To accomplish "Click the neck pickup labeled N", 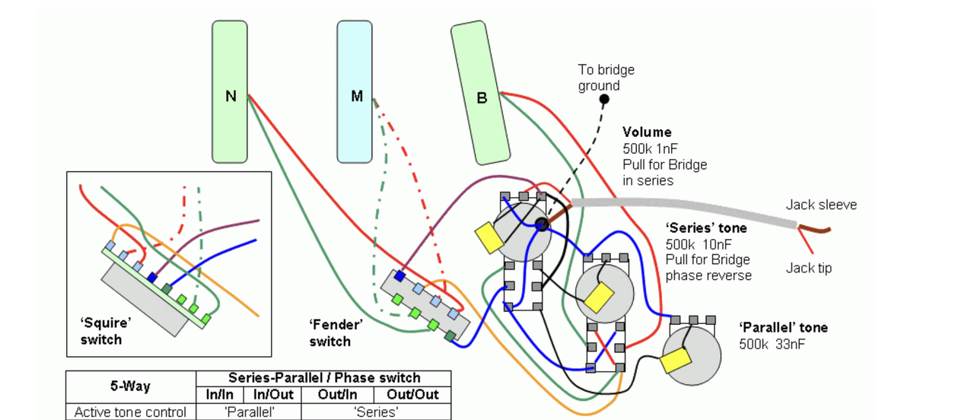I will click(x=230, y=92).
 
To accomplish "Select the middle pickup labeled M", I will click(x=355, y=92).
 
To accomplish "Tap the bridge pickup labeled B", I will click(x=480, y=94).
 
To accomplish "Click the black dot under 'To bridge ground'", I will click(x=604, y=99).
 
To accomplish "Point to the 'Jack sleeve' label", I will click(x=821, y=205).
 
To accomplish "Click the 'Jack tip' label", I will click(x=809, y=268).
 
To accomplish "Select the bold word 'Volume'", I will click(x=647, y=132).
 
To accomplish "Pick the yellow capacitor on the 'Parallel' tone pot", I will click(x=676, y=359).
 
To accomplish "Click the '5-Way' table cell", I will click(x=130, y=386).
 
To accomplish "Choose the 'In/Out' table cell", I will click(x=272, y=395).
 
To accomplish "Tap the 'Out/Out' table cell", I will click(x=412, y=395).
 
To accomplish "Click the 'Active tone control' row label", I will click(x=130, y=412).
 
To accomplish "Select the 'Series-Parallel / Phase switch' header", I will click(x=323, y=378).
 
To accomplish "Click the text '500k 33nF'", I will click(x=772, y=344).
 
